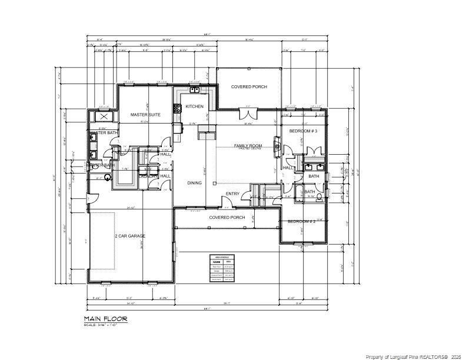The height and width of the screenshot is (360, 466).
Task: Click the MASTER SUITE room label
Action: click(146, 115)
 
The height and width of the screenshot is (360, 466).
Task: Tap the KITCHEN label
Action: click(194, 106)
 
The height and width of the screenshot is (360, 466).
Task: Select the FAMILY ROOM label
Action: click(248, 145)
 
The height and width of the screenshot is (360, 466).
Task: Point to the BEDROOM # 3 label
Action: click(303, 131)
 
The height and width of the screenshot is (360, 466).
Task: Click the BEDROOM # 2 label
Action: click(302, 222)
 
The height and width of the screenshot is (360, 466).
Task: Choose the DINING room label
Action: click(194, 183)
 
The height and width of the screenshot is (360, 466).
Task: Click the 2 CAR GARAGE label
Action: click(129, 236)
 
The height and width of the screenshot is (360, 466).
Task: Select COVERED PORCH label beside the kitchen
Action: click(248, 87)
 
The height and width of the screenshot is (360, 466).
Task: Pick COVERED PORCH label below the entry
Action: click(227, 218)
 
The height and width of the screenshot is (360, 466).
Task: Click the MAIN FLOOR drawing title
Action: click(105, 318)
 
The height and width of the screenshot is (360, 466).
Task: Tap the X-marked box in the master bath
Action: click(104, 117)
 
